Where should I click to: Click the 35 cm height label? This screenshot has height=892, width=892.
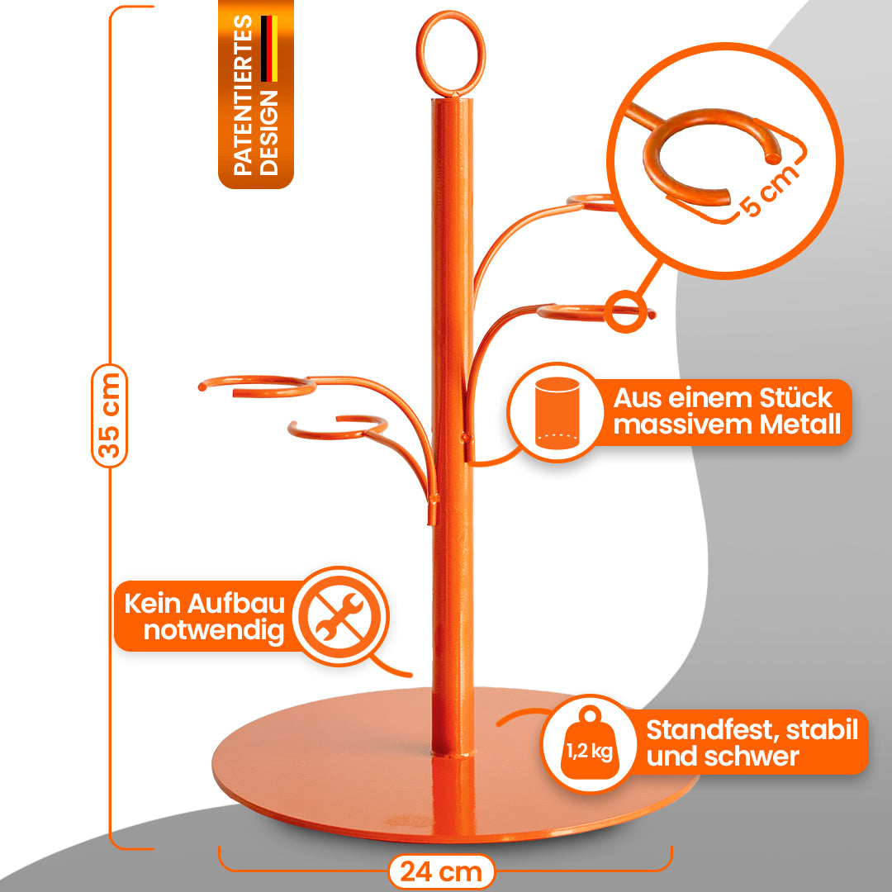coord(110,415)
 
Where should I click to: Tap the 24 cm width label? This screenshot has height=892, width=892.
coord(441,871)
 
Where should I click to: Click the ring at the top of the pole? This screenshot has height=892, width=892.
coord(451,53)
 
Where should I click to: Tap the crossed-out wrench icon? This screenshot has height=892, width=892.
coord(341,615)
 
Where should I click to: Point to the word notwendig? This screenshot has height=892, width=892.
coord(214,631)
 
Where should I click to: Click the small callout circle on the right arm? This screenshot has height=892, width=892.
coord(627,311)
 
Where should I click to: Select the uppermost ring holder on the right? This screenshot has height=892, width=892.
coord(593,201)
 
